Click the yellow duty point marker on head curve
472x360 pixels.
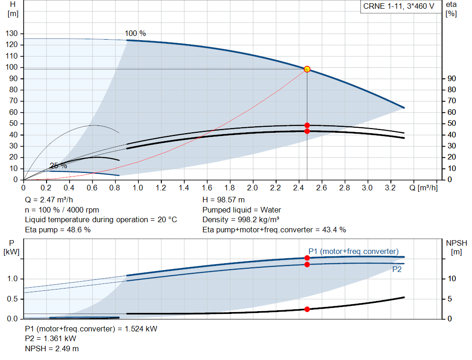[x=307, y=69]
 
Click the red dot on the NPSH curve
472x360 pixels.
[x=307, y=309]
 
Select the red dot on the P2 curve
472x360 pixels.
[x=307, y=264]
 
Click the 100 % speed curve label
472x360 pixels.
[x=135, y=34]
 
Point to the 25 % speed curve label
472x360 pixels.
[x=59, y=166]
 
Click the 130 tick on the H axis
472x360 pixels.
[x=12, y=34]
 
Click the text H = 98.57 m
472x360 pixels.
[x=224, y=200]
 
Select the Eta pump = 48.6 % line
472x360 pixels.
[x=58, y=229]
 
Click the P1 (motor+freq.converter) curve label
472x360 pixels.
[x=353, y=251]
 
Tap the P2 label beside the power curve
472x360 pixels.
[x=397, y=270]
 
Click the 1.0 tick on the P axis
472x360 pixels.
[x=12, y=279]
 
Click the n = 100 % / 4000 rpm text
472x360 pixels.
[x=62, y=210]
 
